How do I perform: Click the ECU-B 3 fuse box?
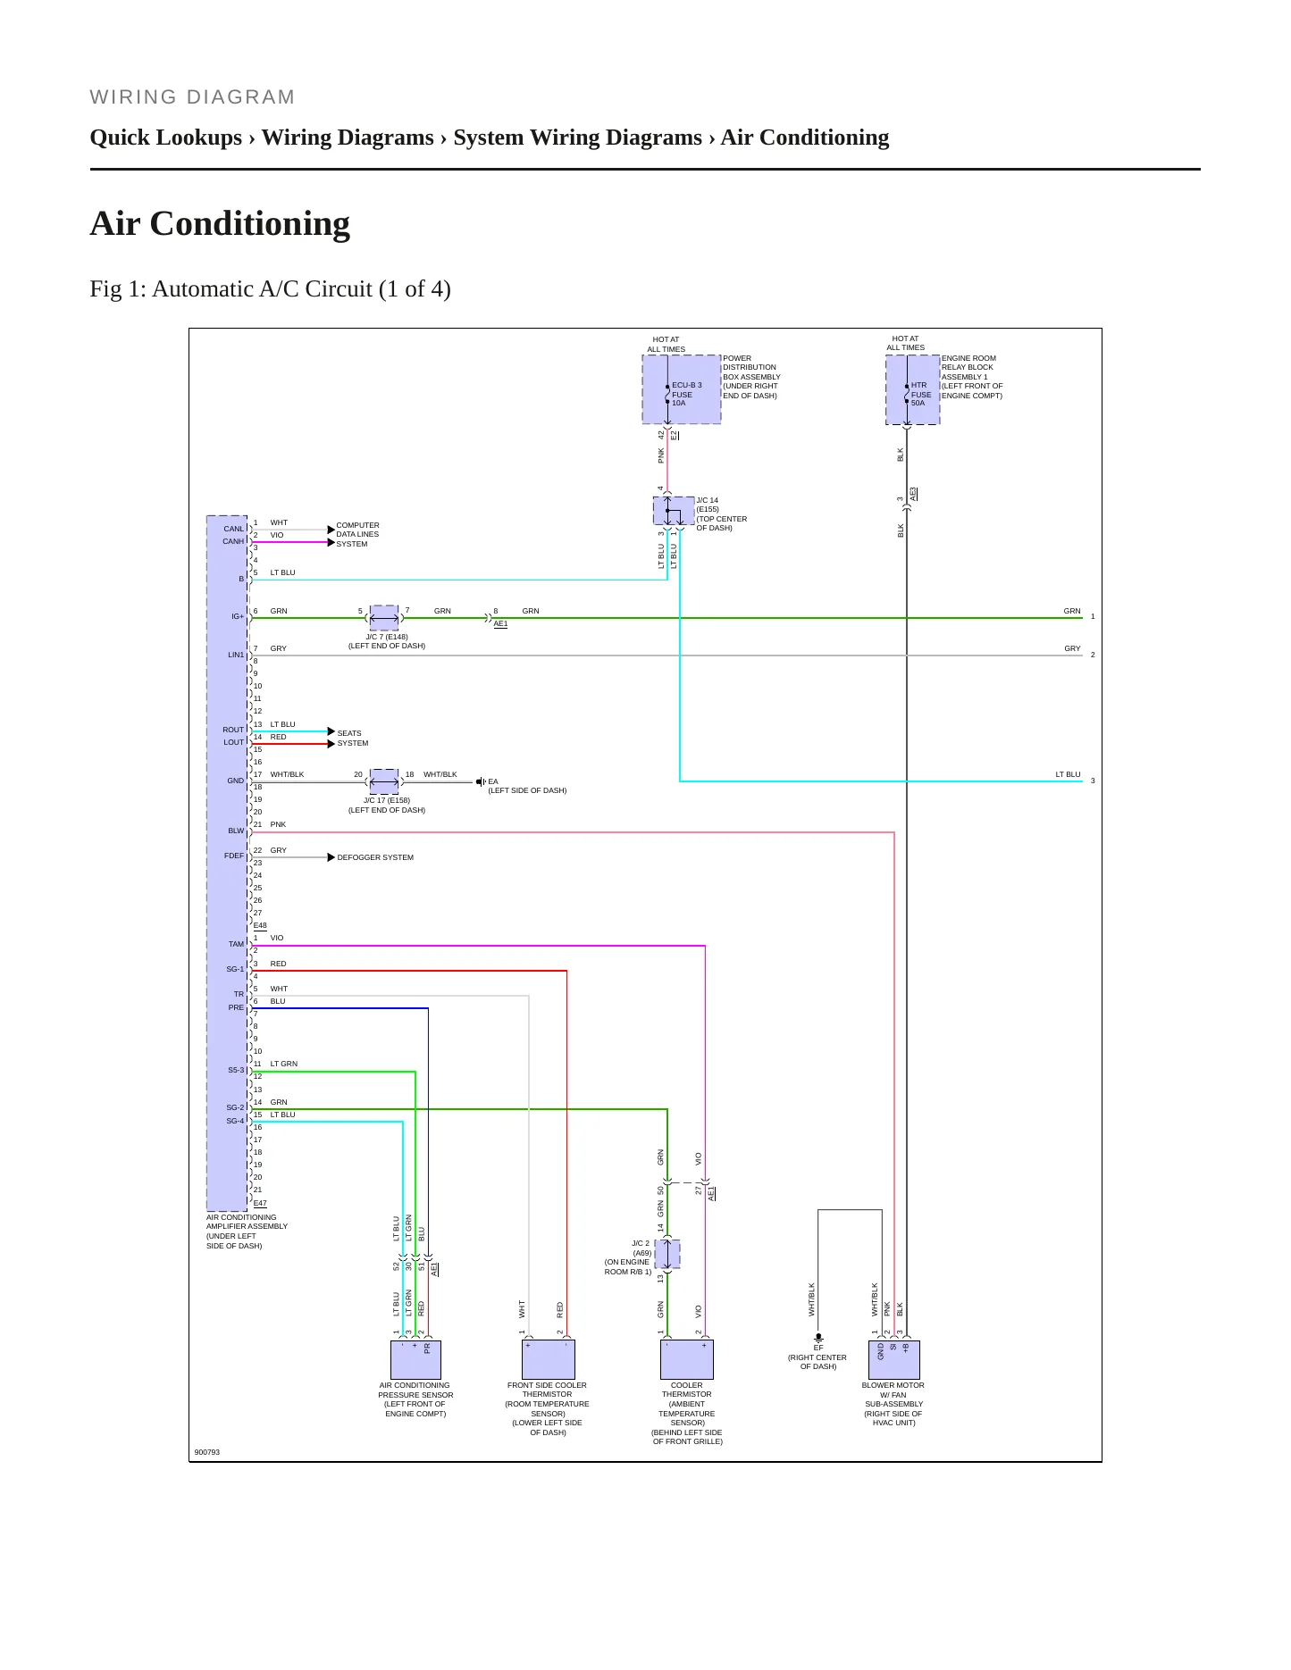pos(681,389)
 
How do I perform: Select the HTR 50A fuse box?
pos(912,390)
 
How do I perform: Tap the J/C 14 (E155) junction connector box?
pos(674,511)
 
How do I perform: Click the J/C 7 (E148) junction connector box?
pos(384,618)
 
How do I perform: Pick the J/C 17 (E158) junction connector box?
pos(384,781)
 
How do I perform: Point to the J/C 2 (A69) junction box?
pos(667,1254)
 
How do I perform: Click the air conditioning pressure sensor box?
pos(415,1359)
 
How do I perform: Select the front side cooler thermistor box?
pos(548,1359)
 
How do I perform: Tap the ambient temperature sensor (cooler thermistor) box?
pos(687,1359)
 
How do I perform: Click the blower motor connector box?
pos(894,1359)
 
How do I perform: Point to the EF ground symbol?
pos(817,1339)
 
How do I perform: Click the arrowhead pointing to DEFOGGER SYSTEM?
pos(331,857)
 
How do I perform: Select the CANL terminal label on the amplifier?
pos(233,529)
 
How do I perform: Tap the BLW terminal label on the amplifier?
pos(236,831)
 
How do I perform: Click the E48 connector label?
pos(260,926)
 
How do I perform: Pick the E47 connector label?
pos(260,1204)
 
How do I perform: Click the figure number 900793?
pos(207,1452)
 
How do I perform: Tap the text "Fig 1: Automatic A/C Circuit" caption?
pos(231,289)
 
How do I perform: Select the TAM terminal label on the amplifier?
pos(236,944)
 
